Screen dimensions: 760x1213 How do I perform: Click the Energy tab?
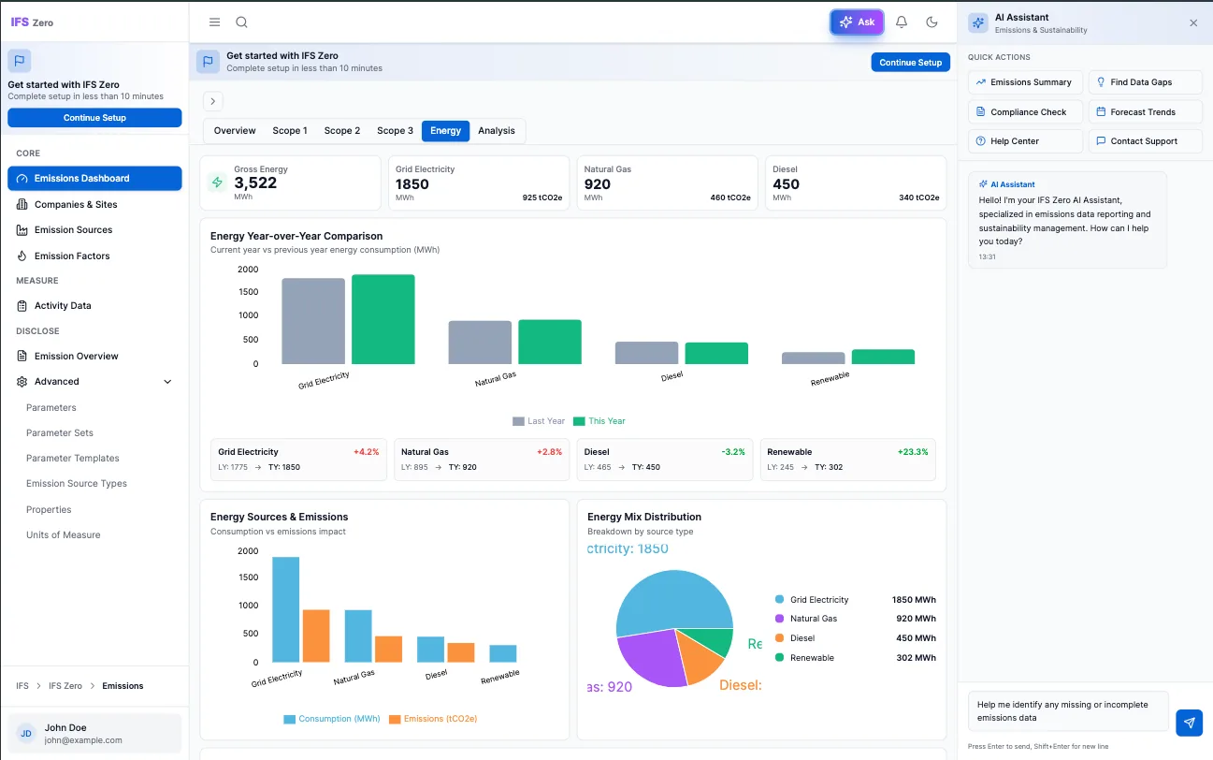[445, 131]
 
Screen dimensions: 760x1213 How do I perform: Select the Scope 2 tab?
[341, 131]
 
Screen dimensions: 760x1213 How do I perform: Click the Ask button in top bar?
[857, 22]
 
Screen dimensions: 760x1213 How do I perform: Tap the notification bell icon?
[902, 22]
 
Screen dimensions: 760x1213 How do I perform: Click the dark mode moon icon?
[931, 22]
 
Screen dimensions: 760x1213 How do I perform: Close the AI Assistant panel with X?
[1193, 23]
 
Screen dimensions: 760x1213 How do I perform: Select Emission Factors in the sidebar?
[72, 256]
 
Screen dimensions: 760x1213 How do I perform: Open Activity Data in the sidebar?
[63, 306]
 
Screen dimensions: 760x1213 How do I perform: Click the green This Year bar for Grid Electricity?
[383, 319]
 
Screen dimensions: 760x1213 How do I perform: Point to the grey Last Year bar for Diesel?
[646, 353]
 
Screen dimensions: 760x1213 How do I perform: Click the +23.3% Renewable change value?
[912, 452]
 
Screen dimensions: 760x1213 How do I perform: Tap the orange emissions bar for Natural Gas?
[388, 649]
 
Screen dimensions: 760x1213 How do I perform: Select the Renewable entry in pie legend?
[811, 658]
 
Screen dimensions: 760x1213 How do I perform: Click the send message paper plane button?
[1189, 723]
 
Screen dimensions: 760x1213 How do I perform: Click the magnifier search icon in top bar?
[241, 22]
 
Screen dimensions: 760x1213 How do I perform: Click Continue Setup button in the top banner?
[910, 63]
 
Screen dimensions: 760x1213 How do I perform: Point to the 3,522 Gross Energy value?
[255, 183]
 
